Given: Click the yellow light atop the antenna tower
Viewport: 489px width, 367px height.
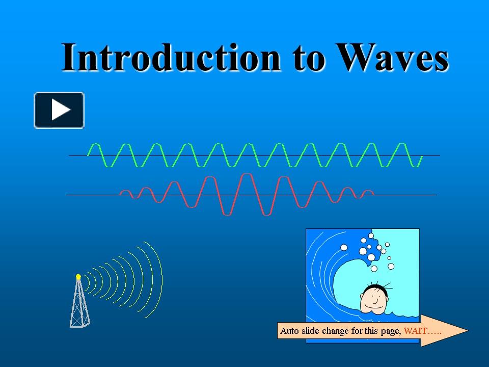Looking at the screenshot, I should click(x=78, y=277).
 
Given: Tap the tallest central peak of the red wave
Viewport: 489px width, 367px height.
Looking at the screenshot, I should click(x=247, y=175).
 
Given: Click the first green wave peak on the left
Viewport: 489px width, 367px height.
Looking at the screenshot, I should click(x=94, y=145).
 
